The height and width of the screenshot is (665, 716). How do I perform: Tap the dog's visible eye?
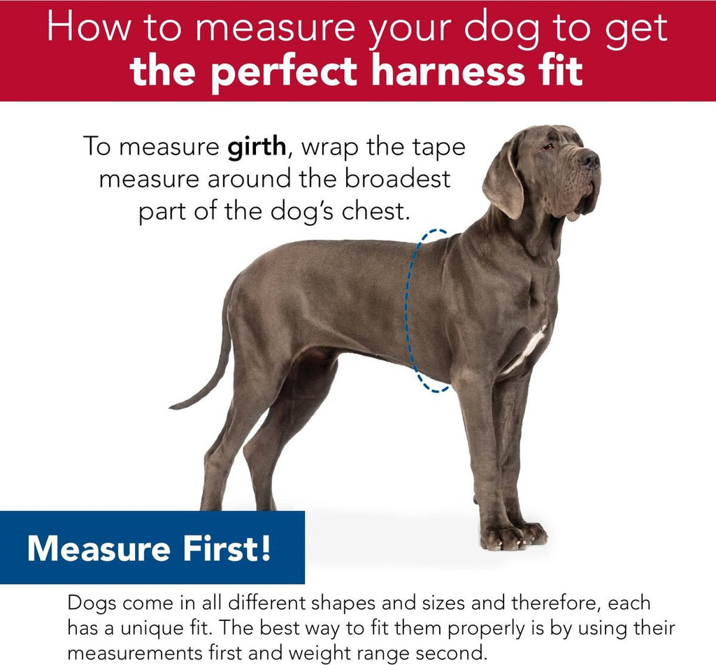[547, 147]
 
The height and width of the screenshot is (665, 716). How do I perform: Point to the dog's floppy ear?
[504, 180]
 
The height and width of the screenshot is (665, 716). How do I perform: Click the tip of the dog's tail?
[172, 406]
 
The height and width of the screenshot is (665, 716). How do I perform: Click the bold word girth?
[257, 148]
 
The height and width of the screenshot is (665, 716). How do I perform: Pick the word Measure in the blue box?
[98, 548]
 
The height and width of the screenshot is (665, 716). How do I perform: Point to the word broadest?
[397, 178]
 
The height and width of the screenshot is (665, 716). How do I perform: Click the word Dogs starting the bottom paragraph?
[92, 603]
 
